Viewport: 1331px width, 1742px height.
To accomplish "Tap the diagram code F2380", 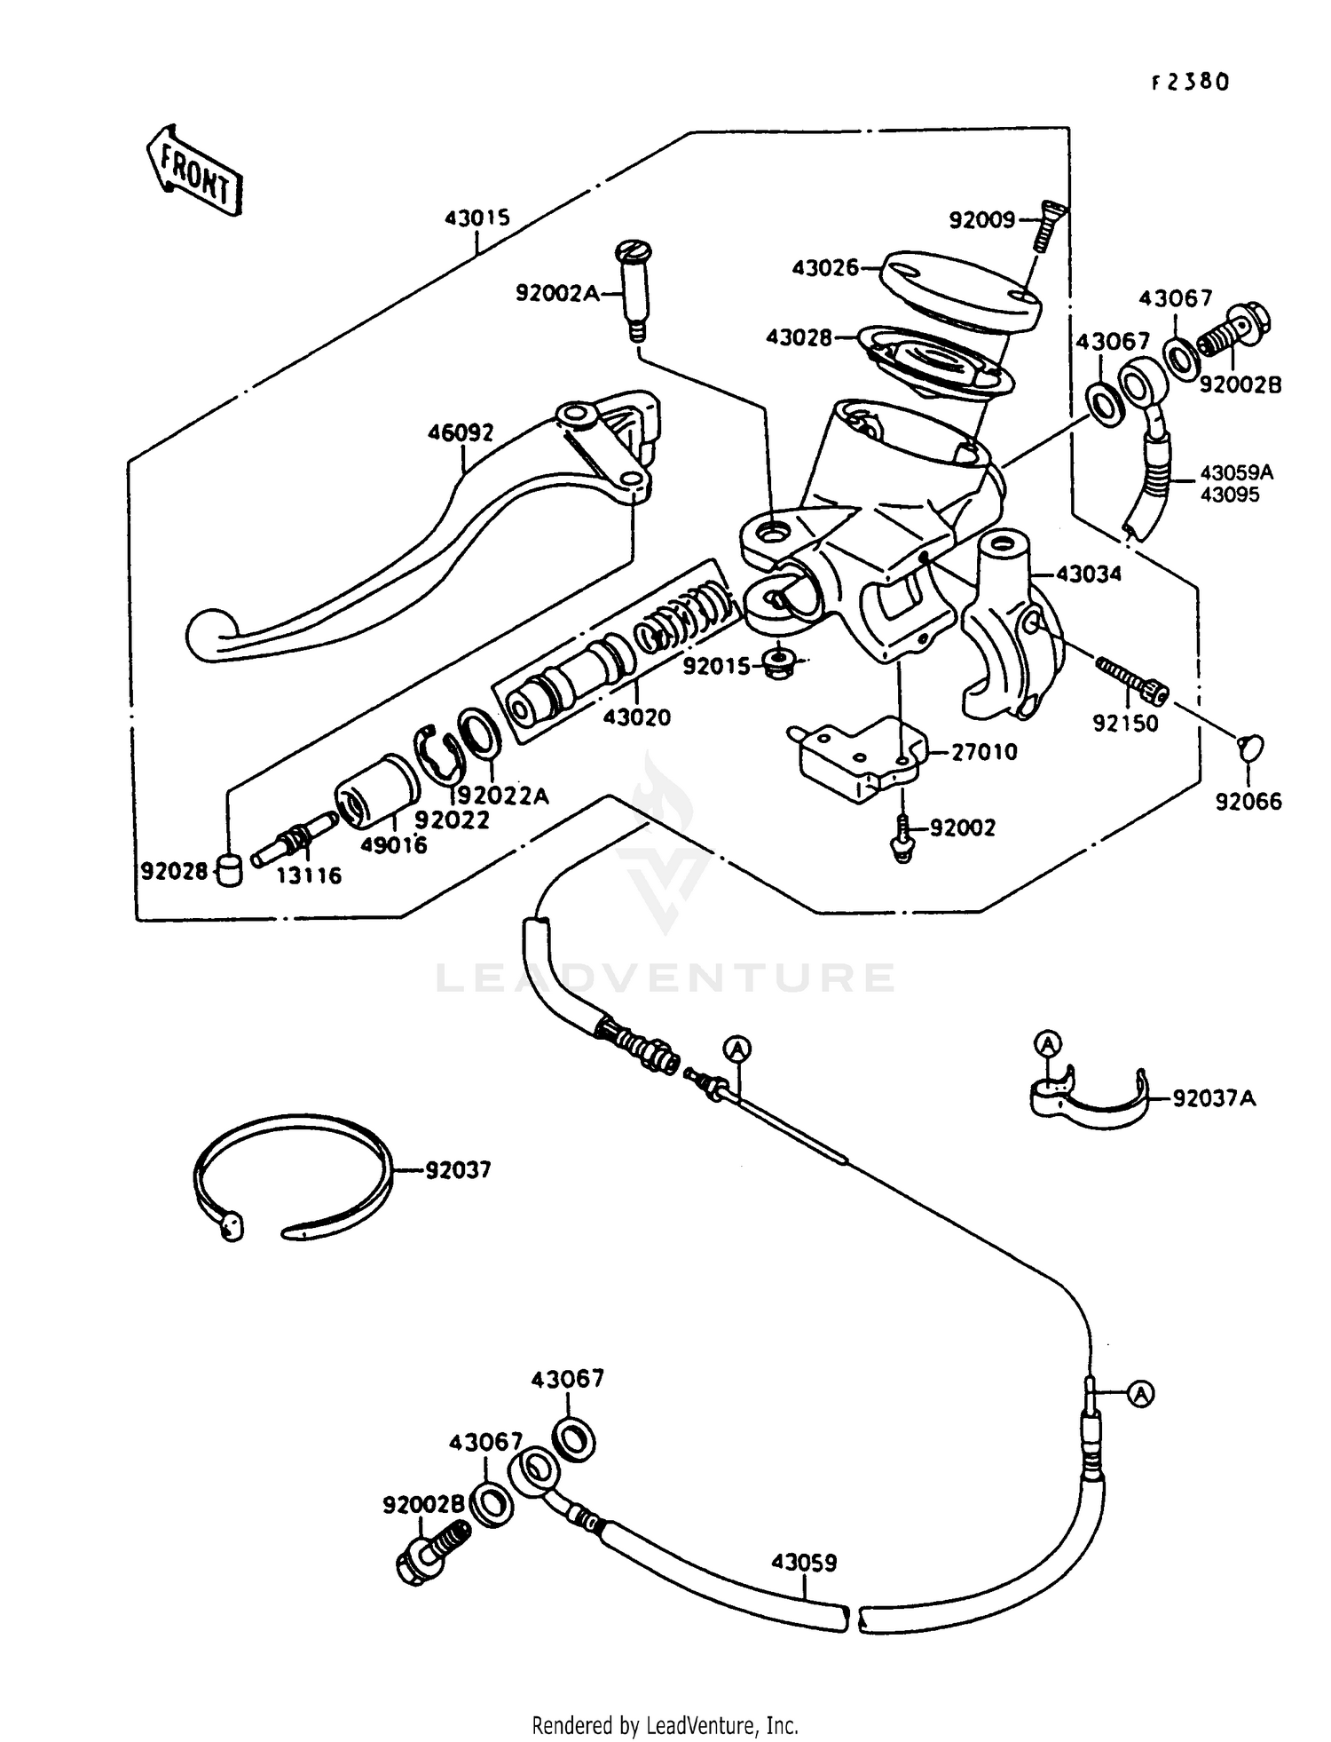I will tap(1190, 83).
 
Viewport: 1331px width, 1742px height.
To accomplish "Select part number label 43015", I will tap(477, 218).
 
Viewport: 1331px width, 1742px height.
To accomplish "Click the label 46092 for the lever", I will tap(461, 433).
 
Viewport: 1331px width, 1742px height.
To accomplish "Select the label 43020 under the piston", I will tap(637, 717).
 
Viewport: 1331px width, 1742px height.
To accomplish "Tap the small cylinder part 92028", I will tap(229, 870).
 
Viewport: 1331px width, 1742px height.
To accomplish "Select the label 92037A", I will tap(1214, 1099).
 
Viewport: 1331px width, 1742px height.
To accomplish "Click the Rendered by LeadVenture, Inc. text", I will tap(665, 1725).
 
